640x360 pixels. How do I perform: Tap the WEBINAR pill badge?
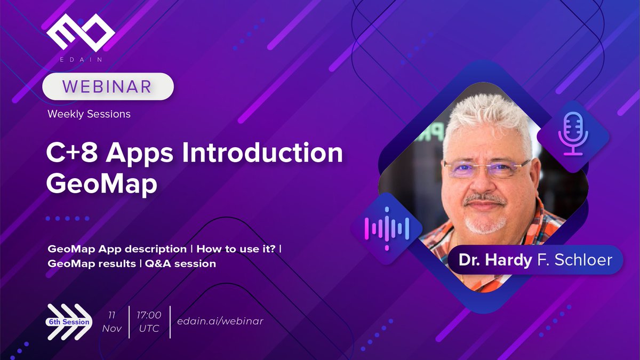point(108,86)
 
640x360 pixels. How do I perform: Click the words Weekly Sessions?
point(89,114)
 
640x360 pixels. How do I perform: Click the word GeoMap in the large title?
point(102,183)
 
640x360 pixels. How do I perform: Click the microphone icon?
point(572,135)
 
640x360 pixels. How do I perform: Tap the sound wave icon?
point(386,228)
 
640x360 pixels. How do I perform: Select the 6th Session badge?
point(68,322)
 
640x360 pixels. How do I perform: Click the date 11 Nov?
point(111,322)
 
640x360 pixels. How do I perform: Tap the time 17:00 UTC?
point(149,322)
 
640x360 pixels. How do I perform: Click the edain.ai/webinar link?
point(220,321)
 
